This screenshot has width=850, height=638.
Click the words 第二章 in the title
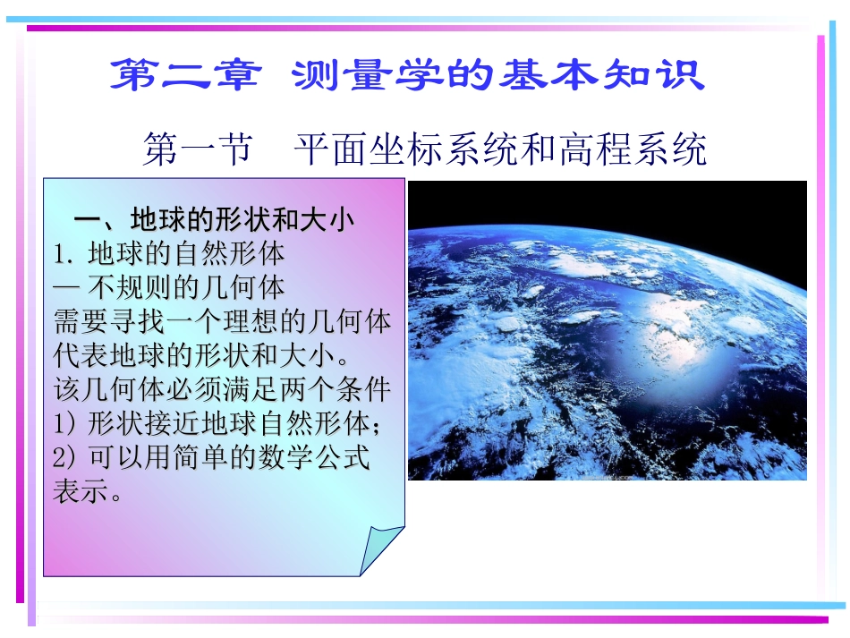point(184,76)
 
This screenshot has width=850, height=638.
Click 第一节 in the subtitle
point(197,149)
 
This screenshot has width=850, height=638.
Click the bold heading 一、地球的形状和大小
point(214,220)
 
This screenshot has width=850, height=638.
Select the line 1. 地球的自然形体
point(169,254)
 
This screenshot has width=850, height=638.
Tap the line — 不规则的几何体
point(169,287)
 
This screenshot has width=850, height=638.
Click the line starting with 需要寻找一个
point(223,321)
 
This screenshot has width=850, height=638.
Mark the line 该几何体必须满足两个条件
point(223,389)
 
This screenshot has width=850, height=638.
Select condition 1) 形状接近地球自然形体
point(223,423)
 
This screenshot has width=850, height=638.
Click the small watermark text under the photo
point(608,477)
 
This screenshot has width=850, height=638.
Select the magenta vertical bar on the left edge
point(20,313)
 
